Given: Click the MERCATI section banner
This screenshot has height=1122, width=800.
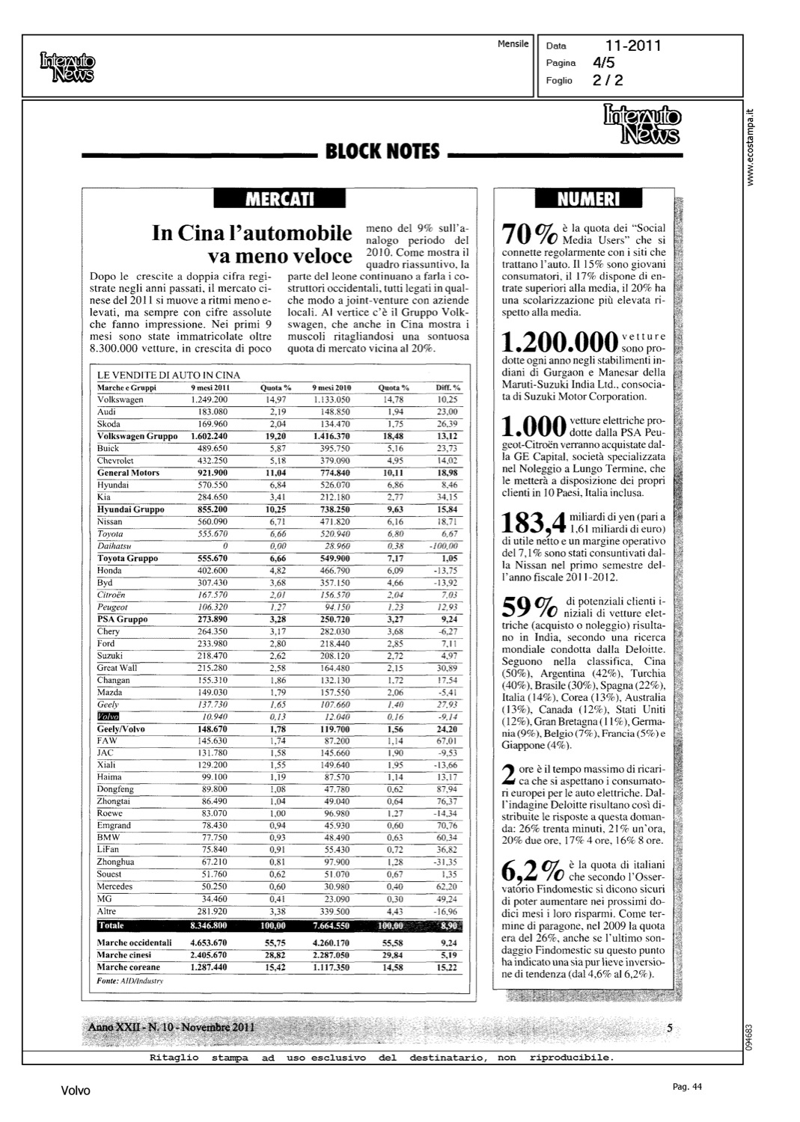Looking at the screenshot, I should coord(279,199).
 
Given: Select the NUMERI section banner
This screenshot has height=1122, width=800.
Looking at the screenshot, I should coord(587,199).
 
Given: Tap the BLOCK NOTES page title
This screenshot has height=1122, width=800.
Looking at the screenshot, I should coord(382,152).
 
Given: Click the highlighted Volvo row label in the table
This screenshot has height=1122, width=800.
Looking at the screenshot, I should coord(109,717).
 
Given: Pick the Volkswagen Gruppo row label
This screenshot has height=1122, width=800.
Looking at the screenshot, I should coord(138,436).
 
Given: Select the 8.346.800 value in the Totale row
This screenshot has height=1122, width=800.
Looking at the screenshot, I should coord(209,926).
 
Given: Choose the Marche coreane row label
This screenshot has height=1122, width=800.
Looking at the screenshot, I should coord(129,967).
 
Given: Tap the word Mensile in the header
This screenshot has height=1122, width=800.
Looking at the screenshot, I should coord(513,44).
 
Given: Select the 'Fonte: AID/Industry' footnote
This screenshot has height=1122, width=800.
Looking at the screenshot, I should coord(131,980).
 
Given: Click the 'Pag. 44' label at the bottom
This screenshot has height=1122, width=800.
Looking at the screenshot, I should coord(687,1087).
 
